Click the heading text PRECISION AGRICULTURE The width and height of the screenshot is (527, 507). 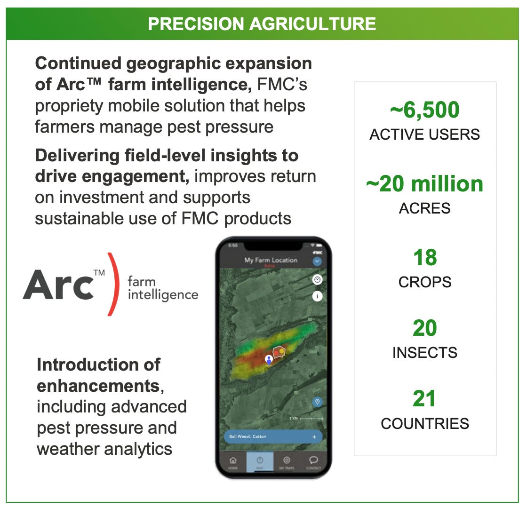click(262, 24)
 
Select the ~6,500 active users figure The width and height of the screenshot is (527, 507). click(424, 111)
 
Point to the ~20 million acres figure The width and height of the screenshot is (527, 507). click(424, 184)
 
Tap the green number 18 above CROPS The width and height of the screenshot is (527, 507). click(424, 258)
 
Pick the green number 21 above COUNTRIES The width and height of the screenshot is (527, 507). click(424, 399)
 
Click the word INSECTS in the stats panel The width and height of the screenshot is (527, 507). click(424, 352)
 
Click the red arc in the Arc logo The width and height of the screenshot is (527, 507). click(112, 284)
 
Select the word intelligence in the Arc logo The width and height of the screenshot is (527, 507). click(163, 295)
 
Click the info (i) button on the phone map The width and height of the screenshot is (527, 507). click(318, 296)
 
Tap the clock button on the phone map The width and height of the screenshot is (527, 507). click(318, 280)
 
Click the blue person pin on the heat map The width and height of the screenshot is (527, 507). click(269, 360)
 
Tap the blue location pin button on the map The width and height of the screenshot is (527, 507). click(317, 402)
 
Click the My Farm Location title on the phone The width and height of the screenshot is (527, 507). click(271, 260)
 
